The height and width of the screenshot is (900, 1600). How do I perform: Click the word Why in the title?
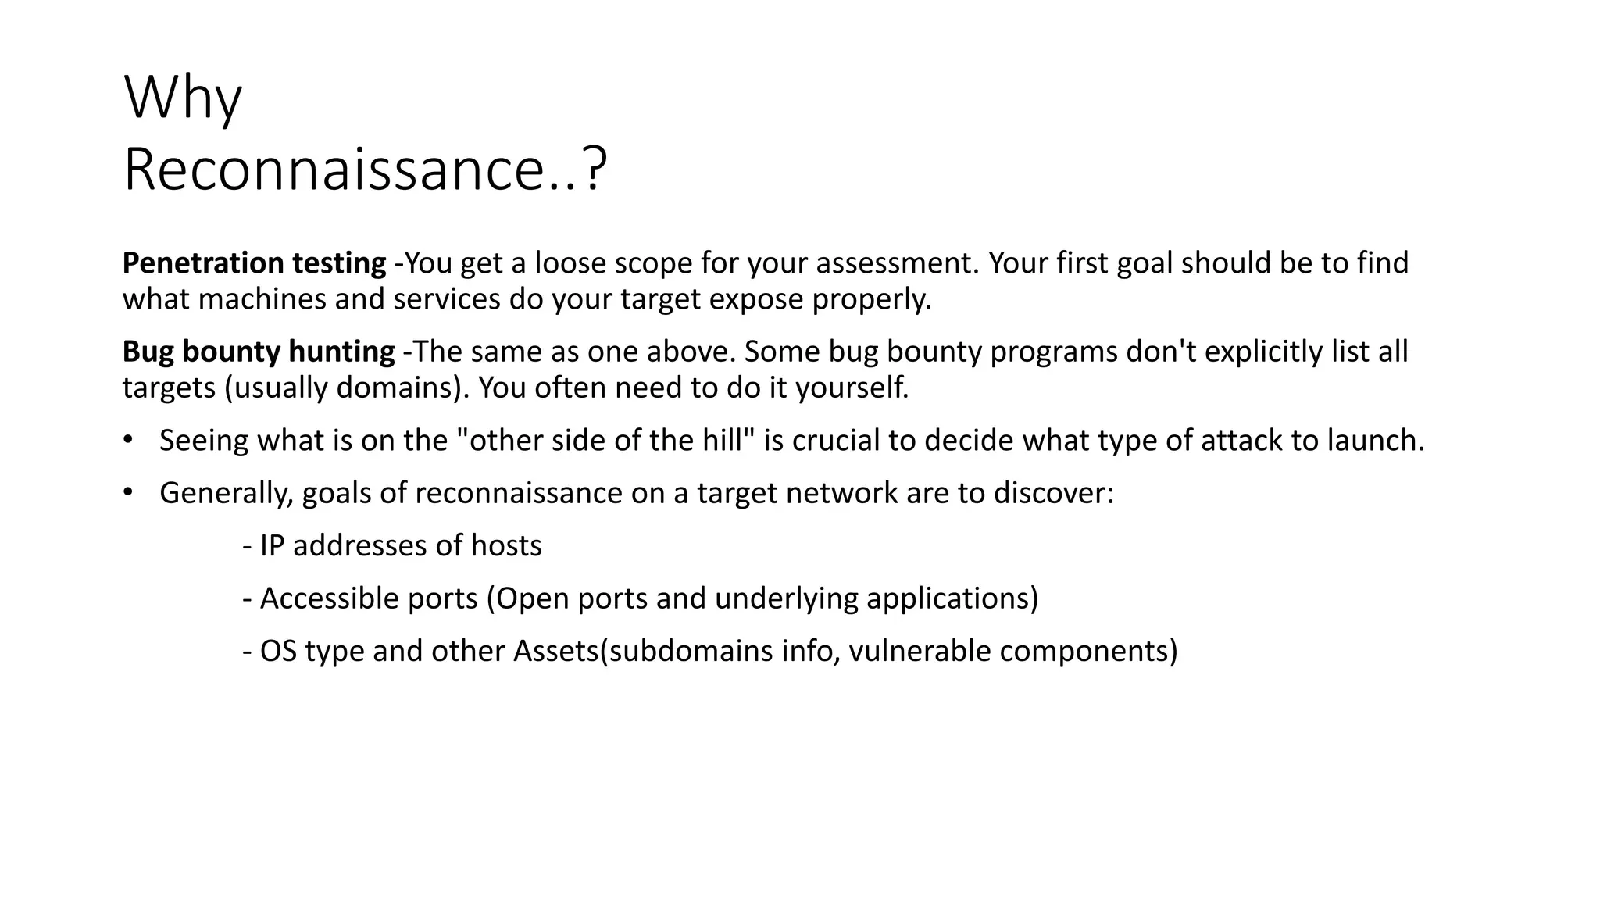183,98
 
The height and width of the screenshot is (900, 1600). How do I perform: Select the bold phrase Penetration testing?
254,263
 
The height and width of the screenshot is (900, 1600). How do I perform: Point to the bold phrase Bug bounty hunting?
259,352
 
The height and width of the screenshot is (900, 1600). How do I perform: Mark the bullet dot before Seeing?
128,440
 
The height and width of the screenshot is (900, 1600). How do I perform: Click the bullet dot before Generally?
128,492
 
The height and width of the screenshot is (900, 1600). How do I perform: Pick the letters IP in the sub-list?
271,545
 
